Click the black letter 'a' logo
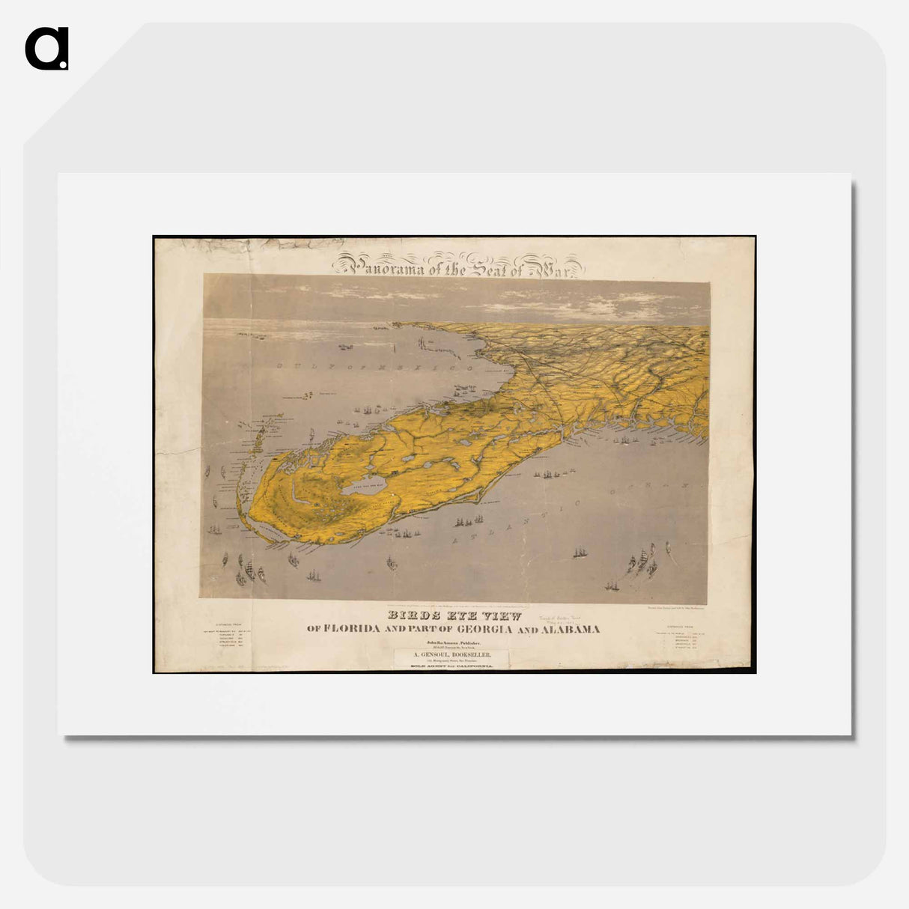point(46,49)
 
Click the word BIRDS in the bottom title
point(410,616)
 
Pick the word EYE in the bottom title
point(457,616)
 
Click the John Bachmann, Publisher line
point(453,642)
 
